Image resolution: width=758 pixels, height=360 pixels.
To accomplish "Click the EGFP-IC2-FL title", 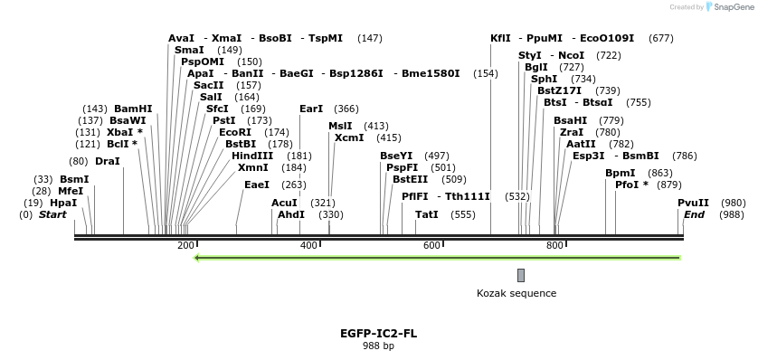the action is click(x=378, y=333).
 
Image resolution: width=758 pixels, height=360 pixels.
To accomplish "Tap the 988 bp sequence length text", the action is click(x=378, y=346).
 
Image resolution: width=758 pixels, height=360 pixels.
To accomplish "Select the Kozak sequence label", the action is click(x=516, y=293).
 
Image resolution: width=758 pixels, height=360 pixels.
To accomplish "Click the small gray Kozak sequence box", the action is click(x=521, y=275).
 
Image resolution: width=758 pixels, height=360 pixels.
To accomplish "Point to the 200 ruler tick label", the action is click(x=185, y=246).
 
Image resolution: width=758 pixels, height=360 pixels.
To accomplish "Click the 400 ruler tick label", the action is click(x=308, y=246).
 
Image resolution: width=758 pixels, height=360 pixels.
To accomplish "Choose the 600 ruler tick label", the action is click(x=431, y=246).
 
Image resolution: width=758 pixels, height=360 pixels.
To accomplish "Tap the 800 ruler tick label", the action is click(x=554, y=246).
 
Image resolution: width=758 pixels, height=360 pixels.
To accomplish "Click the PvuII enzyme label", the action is click(x=693, y=203).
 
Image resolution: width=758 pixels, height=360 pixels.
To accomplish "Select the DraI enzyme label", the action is click(x=107, y=161).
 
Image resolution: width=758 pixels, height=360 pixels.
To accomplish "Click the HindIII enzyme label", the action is click(x=252, y=156).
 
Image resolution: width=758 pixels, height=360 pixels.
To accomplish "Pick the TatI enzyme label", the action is click(x=427, y=214).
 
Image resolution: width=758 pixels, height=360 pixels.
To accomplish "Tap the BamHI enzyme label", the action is click(x=133, y=109).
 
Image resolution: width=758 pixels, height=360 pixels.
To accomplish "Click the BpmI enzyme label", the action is click(x=621, y=173).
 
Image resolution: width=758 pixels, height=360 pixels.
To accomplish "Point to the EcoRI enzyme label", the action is click(x=235, y=132).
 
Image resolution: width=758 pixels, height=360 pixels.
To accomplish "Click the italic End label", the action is click(x=694, y=214).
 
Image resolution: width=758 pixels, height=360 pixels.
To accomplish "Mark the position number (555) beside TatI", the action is click(x=462, y=214).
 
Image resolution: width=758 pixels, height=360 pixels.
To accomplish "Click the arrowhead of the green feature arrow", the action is click(x=200, y=258).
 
